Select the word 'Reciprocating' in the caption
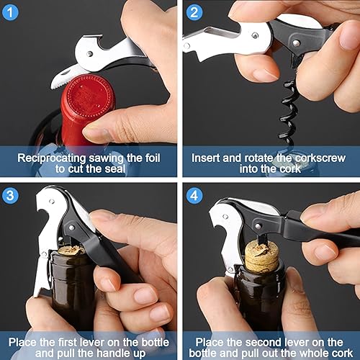pos(52,156)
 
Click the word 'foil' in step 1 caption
pos(150,156)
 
